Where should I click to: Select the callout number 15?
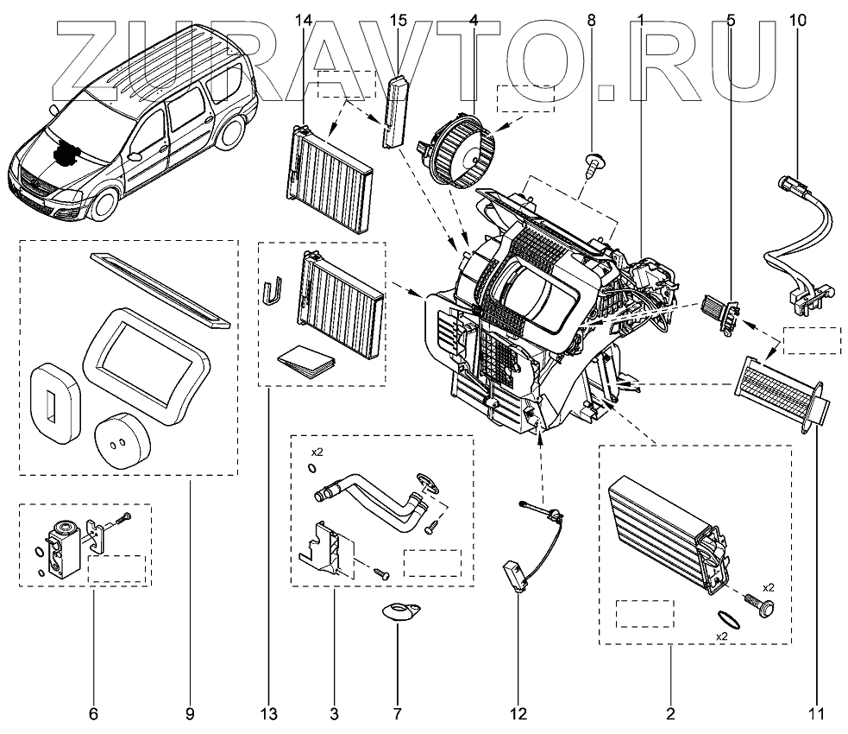point(398,19)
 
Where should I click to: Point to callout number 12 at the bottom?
point(518,714)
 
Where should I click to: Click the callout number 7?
point(397,714)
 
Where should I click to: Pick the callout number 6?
point(93,714)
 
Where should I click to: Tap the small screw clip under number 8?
point(593,163)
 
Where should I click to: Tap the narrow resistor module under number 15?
point(396,111)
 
